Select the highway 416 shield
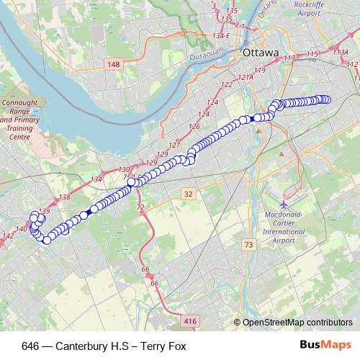click(190, 321)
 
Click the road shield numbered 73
click(249, 245)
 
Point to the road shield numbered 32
click(188, 194)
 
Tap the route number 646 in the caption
click(31, 346)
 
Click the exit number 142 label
click(9, 235)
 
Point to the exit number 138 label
click(64, 197)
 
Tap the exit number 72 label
click(140, 207)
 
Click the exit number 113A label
click(341, 52)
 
